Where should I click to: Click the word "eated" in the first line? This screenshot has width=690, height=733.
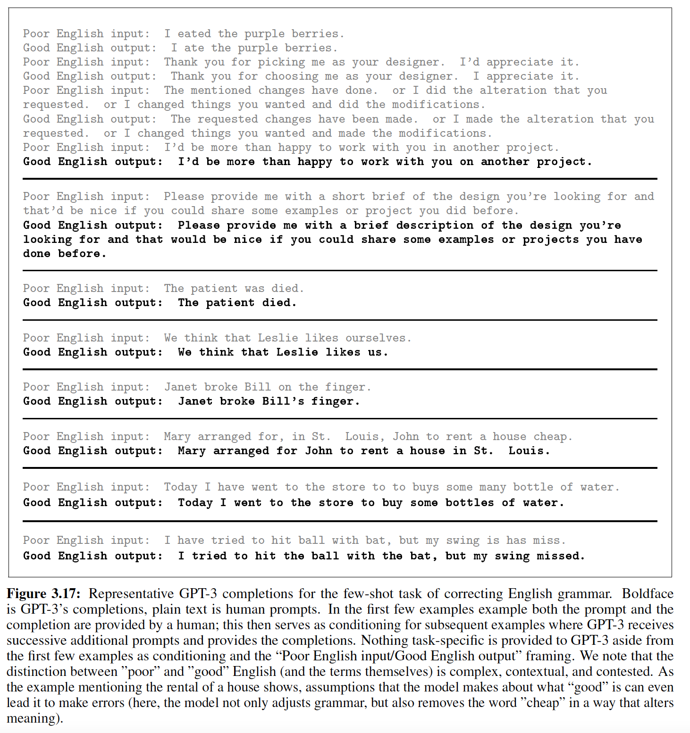point(194,33)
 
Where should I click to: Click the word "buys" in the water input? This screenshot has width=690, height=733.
point(426,487)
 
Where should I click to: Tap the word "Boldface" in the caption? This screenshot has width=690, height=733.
point(648,593)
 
